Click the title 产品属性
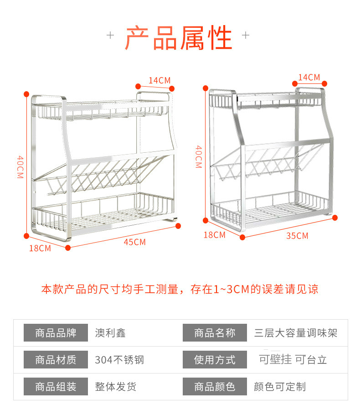point(179,38)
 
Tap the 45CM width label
point(134,242)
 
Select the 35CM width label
point(297,236)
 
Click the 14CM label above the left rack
point(159,80)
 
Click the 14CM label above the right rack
point(309,77)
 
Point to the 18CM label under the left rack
point(40,248)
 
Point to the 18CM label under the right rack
point(214,235)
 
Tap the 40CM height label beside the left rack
point(20,167)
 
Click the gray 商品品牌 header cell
point(56,332)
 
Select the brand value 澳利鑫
point(110,333)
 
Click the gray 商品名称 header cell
point(215,332)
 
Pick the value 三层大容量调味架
point(296,333)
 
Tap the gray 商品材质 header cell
point(56,360)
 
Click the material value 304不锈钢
point(119,360)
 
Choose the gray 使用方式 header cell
point(215,360)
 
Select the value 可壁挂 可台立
point(293,359)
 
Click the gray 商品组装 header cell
point(56,387)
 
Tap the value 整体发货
point(115,387)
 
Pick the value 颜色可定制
point(280,387)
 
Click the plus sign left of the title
point(110,36)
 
